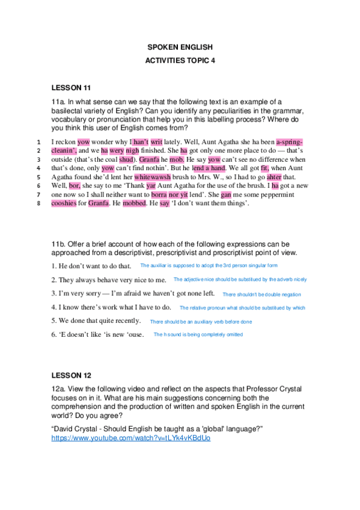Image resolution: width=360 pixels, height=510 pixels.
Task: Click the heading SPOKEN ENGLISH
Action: tap(180, 46)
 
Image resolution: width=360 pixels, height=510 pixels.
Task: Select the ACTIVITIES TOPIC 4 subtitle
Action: tap(180, 61)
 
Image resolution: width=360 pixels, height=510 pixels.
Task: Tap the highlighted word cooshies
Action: tap(64, 203)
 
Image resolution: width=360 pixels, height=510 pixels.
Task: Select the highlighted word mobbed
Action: tap(134, 203)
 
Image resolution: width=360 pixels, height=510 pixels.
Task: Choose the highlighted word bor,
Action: tap(75, 186)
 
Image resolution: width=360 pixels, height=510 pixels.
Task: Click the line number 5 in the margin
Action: tap(38, 177)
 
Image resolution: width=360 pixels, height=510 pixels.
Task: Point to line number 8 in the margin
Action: tap(38, 203)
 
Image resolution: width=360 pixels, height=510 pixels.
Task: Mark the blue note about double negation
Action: tap(261, 295)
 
